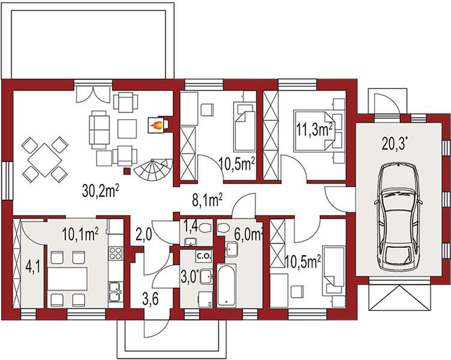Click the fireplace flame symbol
coord(156,125)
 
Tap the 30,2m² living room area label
coord(101,191)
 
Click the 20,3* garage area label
coord(395,143)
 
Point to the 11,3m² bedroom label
coord(315,130)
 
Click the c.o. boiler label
coord(204,256)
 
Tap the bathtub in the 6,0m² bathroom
coord(227,286)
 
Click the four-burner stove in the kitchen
coord(115,253)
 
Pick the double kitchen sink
coord(116,292)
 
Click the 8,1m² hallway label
coord(207,200)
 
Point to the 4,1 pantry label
coord(32,267)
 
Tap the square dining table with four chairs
coord(45,160)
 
